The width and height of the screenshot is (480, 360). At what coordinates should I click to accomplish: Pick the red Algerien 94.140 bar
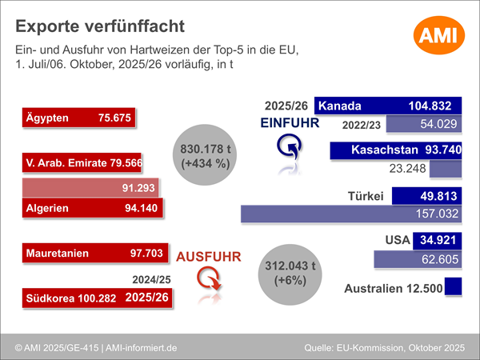92,210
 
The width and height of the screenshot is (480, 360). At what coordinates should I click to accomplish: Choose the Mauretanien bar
94,254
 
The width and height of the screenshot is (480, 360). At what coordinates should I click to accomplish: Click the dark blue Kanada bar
389,106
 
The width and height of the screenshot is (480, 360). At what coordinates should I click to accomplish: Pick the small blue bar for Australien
454,287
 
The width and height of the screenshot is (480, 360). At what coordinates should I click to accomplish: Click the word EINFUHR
290,123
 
